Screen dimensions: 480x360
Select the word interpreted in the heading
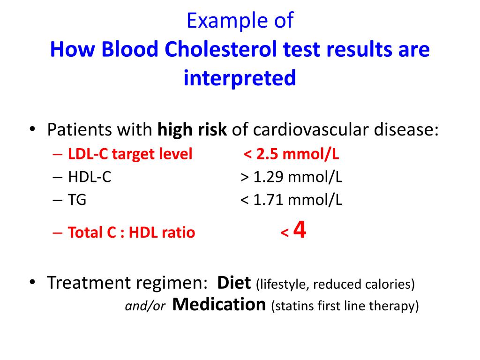(x=240, y=78)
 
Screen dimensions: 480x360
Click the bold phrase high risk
(x=192, y=129)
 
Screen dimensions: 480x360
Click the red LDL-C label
(x=88, y=154)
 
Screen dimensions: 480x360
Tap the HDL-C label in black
(x=90, y=177)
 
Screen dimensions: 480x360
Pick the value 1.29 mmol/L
(x=298, y=177)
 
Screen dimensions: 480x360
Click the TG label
(x=77, y=200)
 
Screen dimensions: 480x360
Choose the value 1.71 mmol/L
(x=298, y=200)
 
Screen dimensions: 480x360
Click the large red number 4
(x=300, y=230)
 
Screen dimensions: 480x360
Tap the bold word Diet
(x=234, y=283)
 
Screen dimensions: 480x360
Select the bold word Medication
(x=219, y=305)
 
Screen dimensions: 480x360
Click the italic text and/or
(x=145, y=306)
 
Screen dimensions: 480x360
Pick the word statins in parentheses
(x=292, y=306)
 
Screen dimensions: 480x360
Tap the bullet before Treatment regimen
(x=32, y=282)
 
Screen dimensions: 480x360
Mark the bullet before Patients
(x=32, y=128)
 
